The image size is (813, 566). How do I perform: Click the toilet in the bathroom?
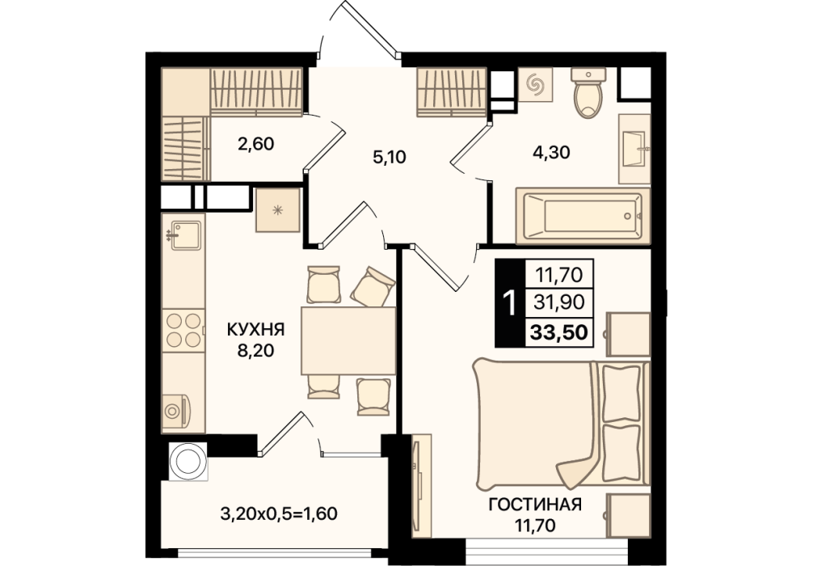pos(588,92)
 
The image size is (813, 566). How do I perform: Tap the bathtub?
pos(583,216)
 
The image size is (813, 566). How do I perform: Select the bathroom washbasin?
pos(634,149)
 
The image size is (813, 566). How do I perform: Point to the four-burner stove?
pos(183,330)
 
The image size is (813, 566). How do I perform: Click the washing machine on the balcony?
pos(187,461)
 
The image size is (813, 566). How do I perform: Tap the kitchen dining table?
pos(348,340)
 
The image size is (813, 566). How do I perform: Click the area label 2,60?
pos(255,144)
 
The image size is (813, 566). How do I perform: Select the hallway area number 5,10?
pos(390,156)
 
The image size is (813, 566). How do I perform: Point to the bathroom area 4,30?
pos(552,152)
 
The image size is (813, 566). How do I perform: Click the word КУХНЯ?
pos(255,329)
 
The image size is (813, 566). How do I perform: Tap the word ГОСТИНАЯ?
pos(535,504)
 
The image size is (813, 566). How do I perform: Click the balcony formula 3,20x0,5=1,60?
pos(279,513)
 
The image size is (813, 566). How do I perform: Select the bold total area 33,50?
pos(559,332)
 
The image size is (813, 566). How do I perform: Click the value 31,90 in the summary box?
pos(559,302)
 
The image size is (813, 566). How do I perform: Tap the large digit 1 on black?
pos(510,303)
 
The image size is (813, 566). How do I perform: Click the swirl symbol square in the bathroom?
pos(535,85)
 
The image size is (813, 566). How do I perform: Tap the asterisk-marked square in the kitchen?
pos(278,210)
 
